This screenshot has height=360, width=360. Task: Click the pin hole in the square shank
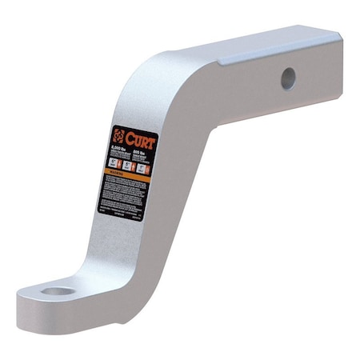coord(288,78)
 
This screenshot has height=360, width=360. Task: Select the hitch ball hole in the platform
coord(57,290)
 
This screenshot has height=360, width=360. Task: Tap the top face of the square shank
coord(264,43)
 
